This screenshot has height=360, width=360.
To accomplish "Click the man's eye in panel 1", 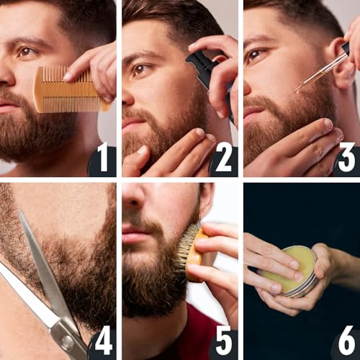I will (x=27, y=51).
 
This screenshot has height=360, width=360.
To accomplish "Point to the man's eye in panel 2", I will (x=140, y=69).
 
